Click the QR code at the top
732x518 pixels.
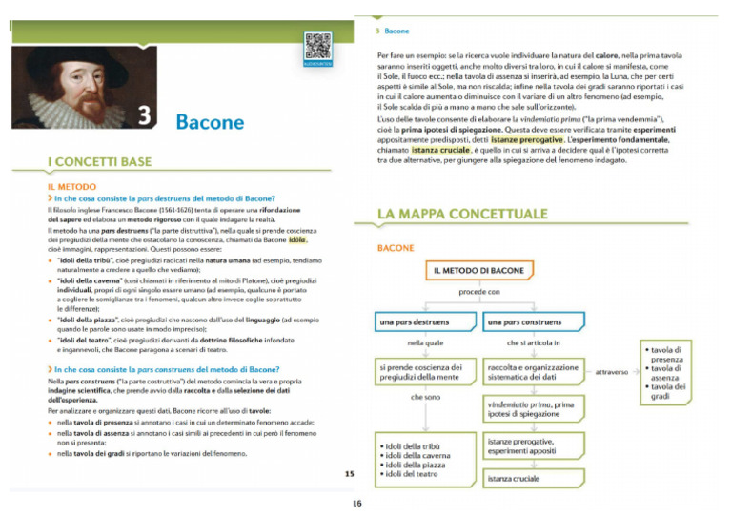pyautogui.click(x=318, y=47)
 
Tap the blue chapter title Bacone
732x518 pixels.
pyautogui.click(x=210, y=121)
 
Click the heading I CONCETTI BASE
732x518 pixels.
pyautogui.click(x=99, y=162)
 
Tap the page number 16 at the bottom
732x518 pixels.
pyautogui.click(x=356, y=503)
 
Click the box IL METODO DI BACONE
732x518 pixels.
pyautogui.click(x=478, y=271)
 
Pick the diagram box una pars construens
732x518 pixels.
pyautogui.click(x=532, y=321)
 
